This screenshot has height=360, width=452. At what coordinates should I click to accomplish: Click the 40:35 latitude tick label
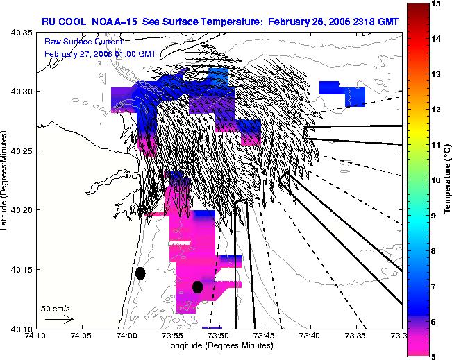22,33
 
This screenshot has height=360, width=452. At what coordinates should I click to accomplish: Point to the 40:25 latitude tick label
22,151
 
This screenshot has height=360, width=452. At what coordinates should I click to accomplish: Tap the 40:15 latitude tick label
22,269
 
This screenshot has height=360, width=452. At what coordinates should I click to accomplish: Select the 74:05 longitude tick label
82,336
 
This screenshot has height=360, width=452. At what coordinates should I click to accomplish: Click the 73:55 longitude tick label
174,336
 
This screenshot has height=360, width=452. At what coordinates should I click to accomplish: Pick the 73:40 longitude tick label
311,336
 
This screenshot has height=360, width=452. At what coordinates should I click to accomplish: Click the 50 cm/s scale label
56,309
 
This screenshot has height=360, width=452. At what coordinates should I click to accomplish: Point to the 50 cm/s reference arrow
60,319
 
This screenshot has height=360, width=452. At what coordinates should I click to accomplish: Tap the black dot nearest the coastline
140,273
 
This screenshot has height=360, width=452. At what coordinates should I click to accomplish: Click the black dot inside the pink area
197,287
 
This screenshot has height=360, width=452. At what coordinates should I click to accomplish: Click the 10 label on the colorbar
435,180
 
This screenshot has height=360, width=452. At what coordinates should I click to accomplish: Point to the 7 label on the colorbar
433,286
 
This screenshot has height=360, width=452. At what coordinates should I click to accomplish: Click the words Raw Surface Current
84,42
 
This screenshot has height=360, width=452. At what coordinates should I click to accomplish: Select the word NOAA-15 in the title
114,22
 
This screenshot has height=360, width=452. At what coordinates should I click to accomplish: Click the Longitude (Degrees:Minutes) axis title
219,345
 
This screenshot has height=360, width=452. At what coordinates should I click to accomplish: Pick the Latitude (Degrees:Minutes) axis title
4,180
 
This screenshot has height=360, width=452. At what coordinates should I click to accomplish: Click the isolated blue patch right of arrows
342,94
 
